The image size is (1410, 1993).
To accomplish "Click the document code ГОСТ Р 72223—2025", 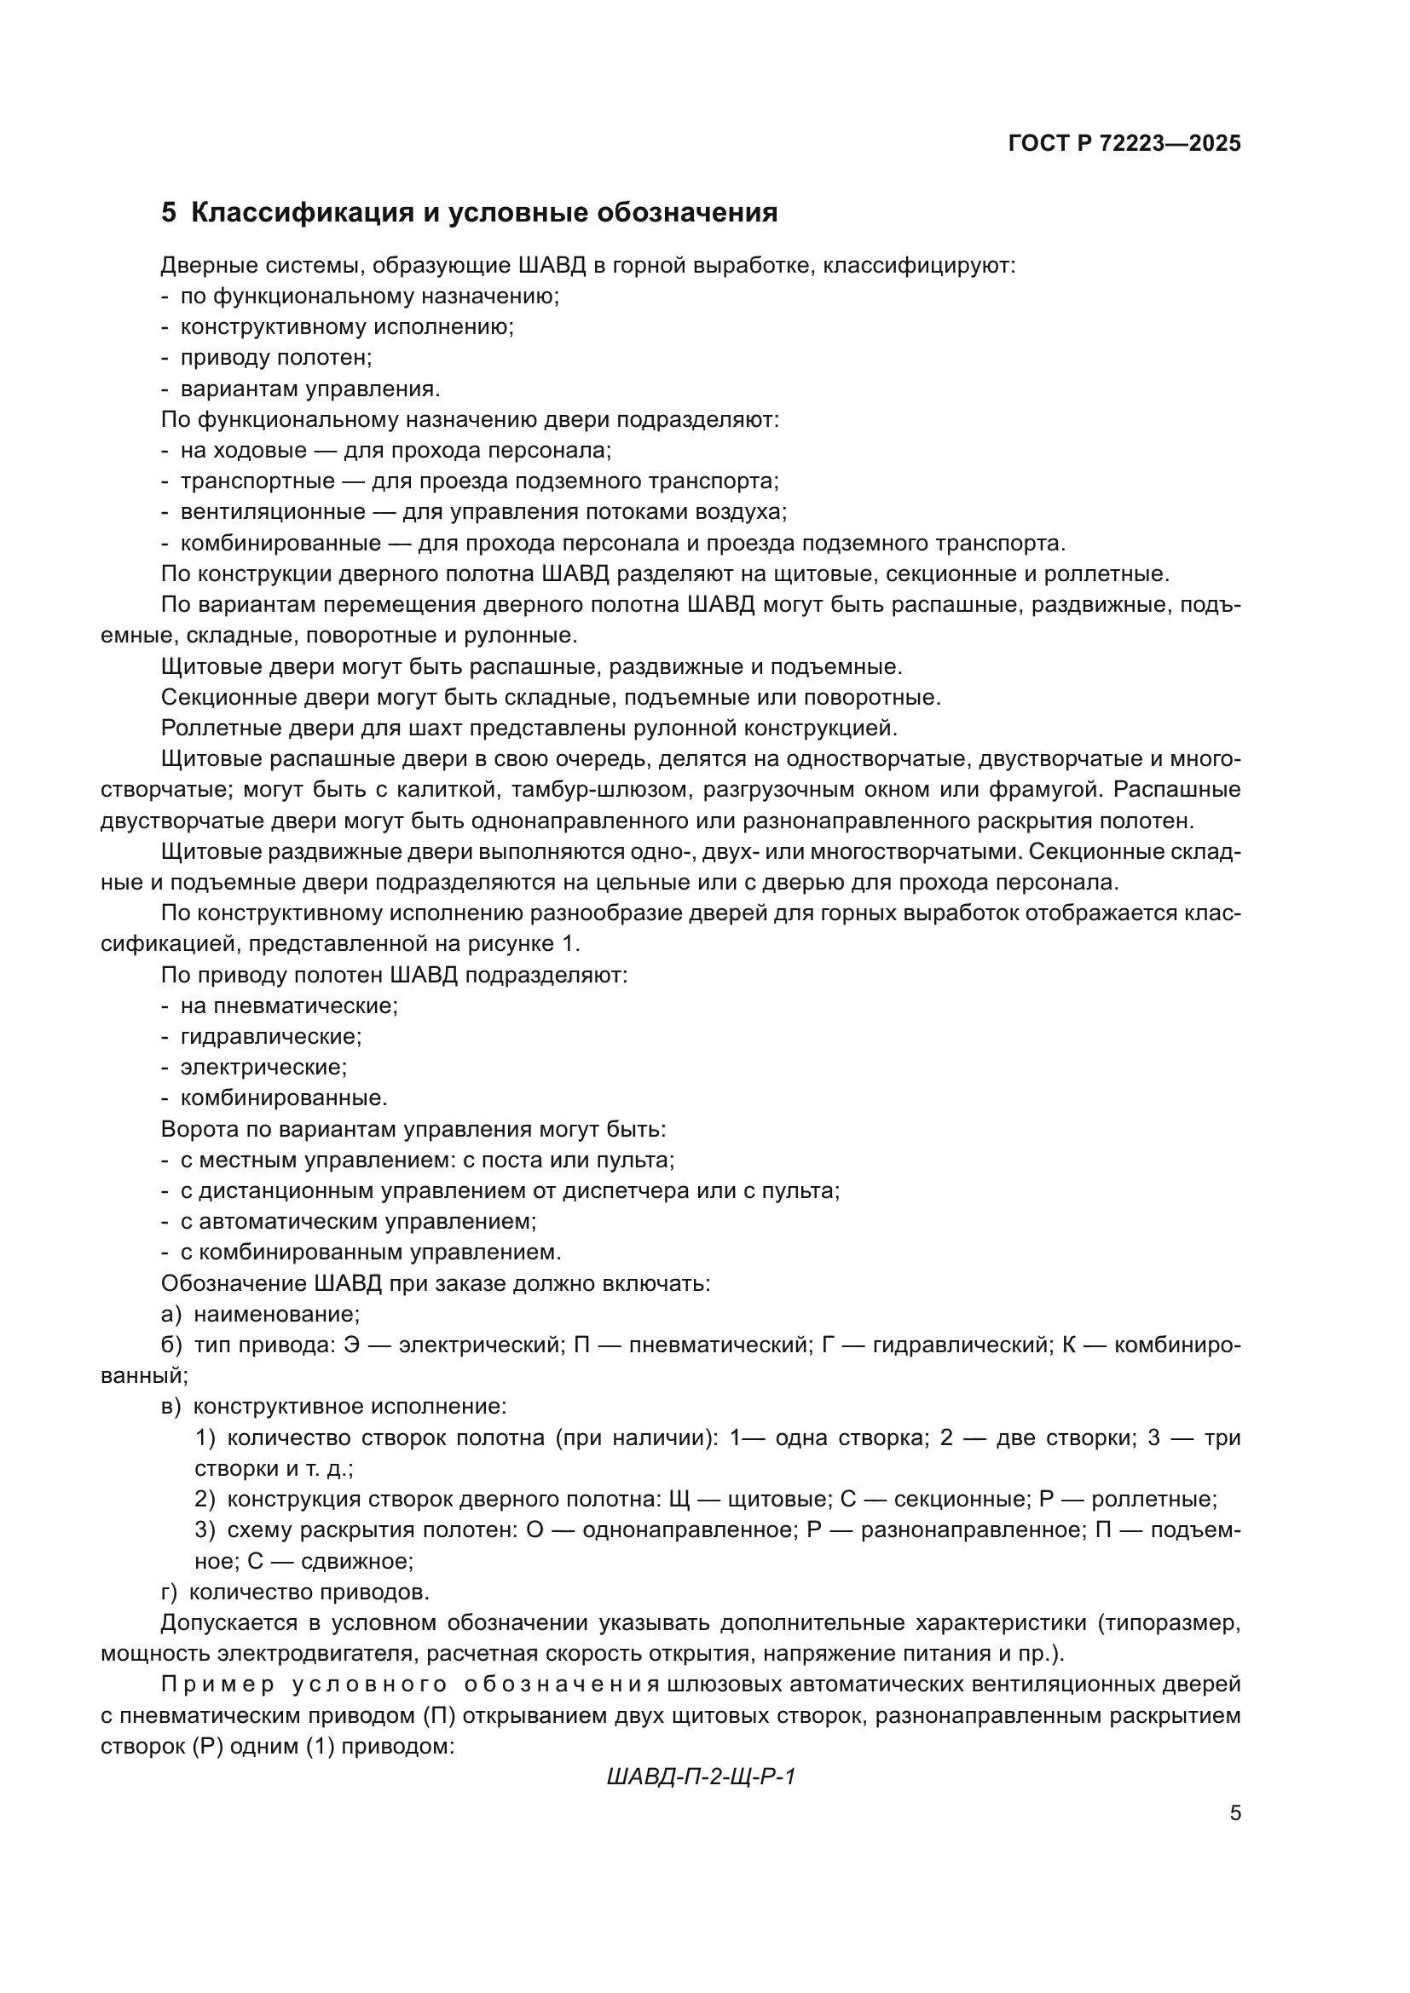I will tap(1124, 144).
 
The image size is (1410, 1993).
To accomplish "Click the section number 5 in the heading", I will tap(169, 213).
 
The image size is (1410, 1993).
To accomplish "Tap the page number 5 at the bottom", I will tap(1235, 1813).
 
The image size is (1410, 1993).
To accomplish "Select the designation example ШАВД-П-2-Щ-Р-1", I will tap(702, 1777).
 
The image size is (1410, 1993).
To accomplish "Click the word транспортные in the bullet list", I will tap(257, 481).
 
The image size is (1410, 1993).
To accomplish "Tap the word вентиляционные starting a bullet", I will tap(273, 512).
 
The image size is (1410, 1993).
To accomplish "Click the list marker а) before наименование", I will tap(171, 1314).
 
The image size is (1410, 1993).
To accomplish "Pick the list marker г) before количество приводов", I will tap(170, 1592).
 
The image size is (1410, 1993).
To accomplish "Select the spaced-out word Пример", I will tap(218, 1685).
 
